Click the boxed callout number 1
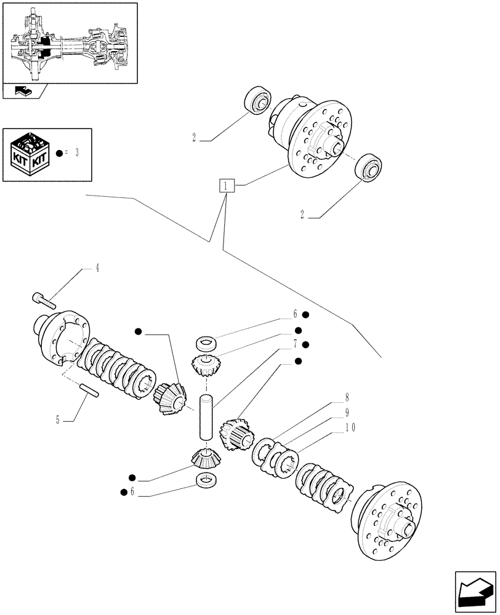(x=226, y=185)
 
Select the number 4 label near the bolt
(x=97, y=268)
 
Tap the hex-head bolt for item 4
(x=43, y=300)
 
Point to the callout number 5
(x=58, y=421)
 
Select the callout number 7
(x=295, y=344)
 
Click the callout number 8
(x=347, y=397)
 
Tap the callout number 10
(x=347, y=412)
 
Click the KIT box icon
(x=29, y=153)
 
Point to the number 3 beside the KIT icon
(x=78, y=153)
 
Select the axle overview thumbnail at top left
(x=70, y=43)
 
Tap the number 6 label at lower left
(x=132, y=491)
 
